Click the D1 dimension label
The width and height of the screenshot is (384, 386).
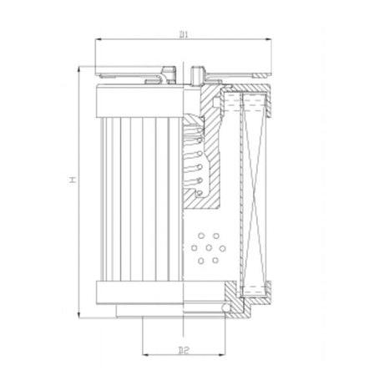point(183,34)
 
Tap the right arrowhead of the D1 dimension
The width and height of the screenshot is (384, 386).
point(270,40)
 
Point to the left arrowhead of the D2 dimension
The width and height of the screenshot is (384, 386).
point(146,349)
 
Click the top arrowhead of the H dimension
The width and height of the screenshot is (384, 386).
point(81,68)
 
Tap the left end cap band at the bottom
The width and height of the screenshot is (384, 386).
point(138,293)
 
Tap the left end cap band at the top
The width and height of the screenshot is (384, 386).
point(138,104)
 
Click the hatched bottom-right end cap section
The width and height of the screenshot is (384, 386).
point(231,297)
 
